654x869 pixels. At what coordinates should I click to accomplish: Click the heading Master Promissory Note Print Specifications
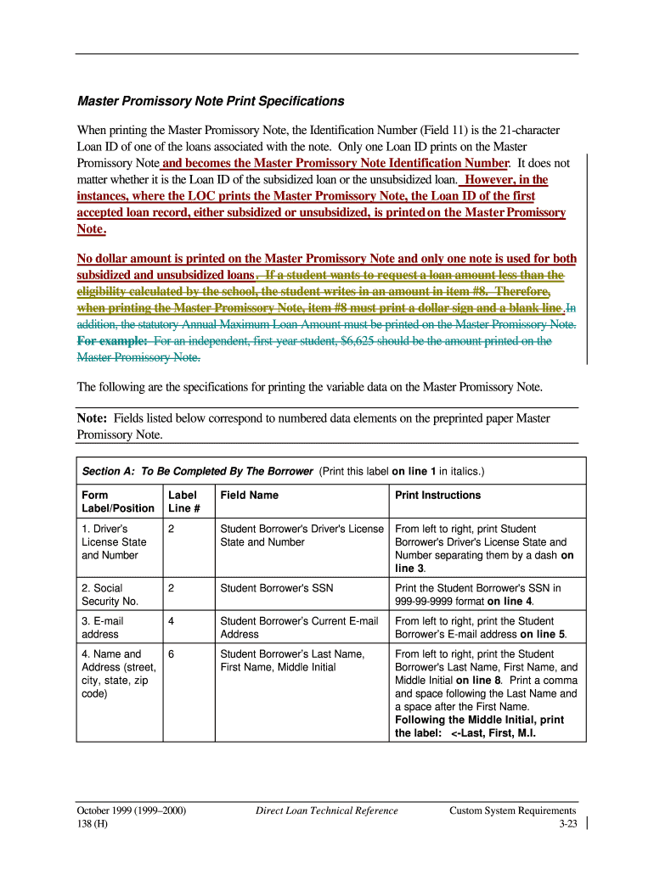(211, 101)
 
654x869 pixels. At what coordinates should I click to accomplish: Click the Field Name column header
(249, 495)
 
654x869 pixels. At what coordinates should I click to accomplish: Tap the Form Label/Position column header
(118, 502)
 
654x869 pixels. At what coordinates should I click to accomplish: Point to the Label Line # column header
(182, 502)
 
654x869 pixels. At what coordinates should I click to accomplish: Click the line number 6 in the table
(172, 653)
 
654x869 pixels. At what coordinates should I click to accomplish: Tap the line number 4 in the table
(172, 620)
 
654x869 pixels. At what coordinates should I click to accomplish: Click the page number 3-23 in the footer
(567, 824)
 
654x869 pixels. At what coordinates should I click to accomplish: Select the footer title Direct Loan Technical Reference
(326, 810)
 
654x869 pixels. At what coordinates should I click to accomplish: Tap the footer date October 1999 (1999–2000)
(132, 810)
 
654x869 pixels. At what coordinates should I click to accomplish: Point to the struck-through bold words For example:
(112, 341)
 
